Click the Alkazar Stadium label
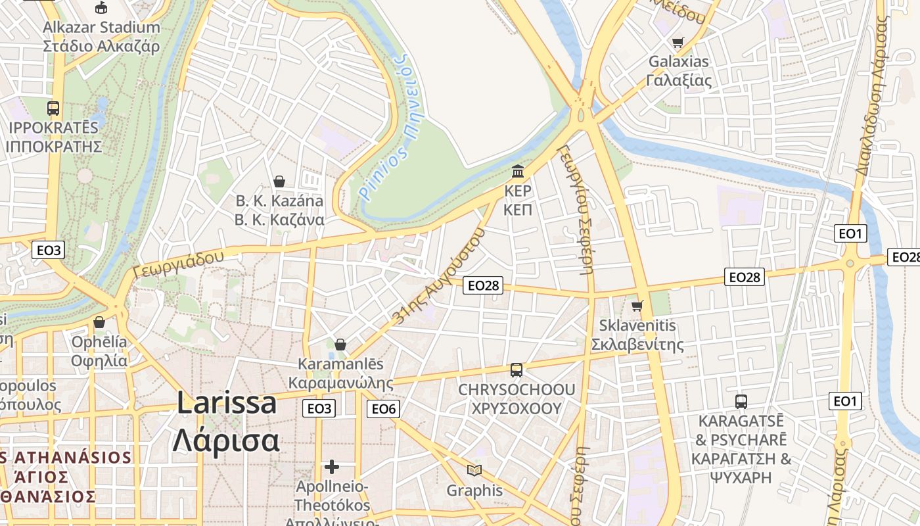101,28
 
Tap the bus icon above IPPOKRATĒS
53,108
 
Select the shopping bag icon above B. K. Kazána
279,181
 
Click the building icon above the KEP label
518,172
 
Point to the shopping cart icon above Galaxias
678,42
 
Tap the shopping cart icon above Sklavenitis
637,306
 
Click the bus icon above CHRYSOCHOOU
517,370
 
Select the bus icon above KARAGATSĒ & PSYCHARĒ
741,401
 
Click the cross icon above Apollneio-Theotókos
332,467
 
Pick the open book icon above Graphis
474,470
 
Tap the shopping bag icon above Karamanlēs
340,345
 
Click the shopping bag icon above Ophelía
99,322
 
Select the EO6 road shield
384,409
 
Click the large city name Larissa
227,403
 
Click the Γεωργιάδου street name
178,264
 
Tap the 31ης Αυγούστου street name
438,275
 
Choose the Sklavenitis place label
637,325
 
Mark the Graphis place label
474,490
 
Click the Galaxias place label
679,62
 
